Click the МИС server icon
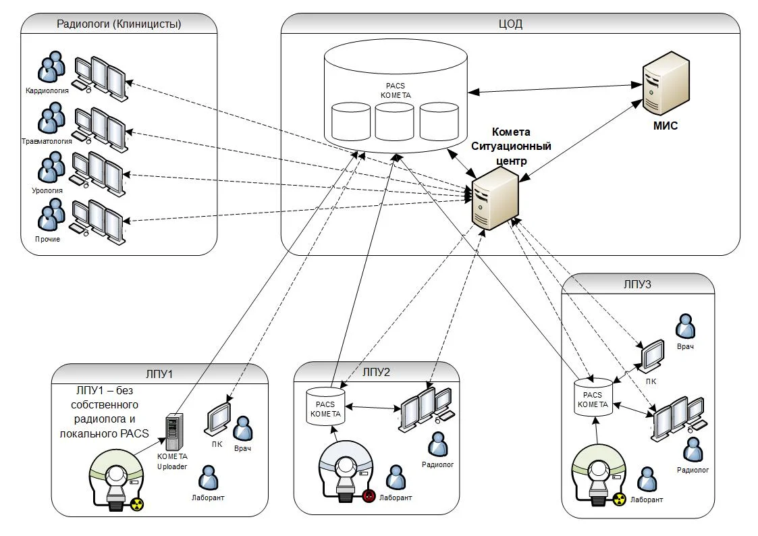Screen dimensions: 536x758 coord(665,85)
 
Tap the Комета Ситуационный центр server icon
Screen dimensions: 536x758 coord(495,198)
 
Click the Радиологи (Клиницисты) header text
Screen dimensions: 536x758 coord(119,24)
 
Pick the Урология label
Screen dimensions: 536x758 coord(47,190)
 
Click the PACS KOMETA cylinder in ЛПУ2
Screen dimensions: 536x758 coord(325,405)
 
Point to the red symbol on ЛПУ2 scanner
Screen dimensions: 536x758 coord(368,495)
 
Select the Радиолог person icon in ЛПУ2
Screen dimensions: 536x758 coord(438,444)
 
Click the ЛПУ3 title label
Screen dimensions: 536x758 coord(638,284)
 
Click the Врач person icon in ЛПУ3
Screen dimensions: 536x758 coord(686,326)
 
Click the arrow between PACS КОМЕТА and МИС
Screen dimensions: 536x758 coord(550,88)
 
